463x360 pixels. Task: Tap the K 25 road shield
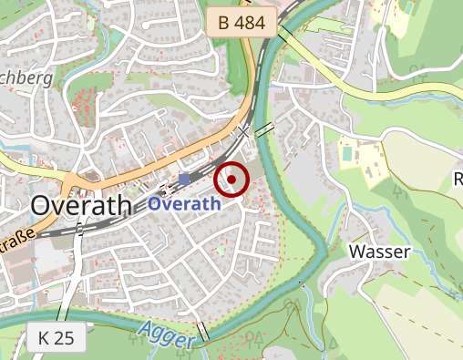57,337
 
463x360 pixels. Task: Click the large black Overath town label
81,206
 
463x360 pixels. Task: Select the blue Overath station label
183,204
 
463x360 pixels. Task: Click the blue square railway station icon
185,179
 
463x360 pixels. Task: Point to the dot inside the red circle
231,180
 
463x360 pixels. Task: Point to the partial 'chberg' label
28,78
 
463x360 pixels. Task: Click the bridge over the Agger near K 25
202,332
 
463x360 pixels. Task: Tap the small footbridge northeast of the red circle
264,129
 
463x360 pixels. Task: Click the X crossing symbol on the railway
243,133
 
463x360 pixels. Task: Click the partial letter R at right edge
458,179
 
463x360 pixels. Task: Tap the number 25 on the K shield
66,337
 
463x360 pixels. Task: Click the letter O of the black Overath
42,206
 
